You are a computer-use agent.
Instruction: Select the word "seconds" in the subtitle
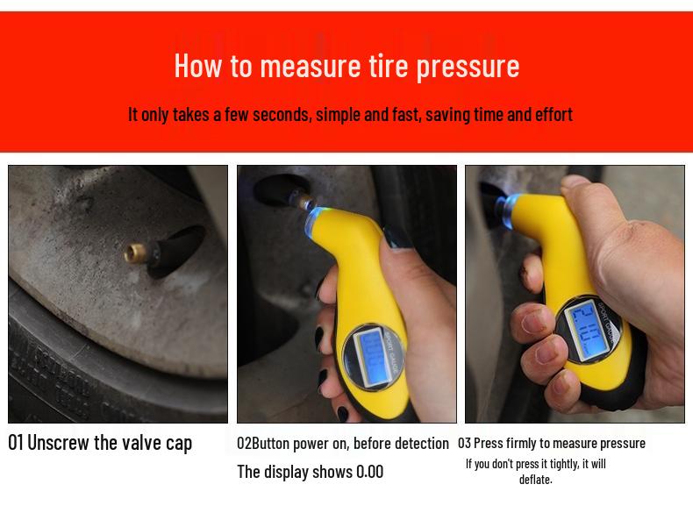tap(282, 115)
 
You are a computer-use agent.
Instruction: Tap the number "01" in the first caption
tap(16, 442)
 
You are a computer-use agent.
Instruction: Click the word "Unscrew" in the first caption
tap(58, 442)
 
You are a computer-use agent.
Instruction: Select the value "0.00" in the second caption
tap(369, 472)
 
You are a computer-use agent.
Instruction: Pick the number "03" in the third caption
tap(464, 444)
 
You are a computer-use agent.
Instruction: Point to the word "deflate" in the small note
tap(534, 479)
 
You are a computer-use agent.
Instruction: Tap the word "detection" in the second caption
tap(419, 444)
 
